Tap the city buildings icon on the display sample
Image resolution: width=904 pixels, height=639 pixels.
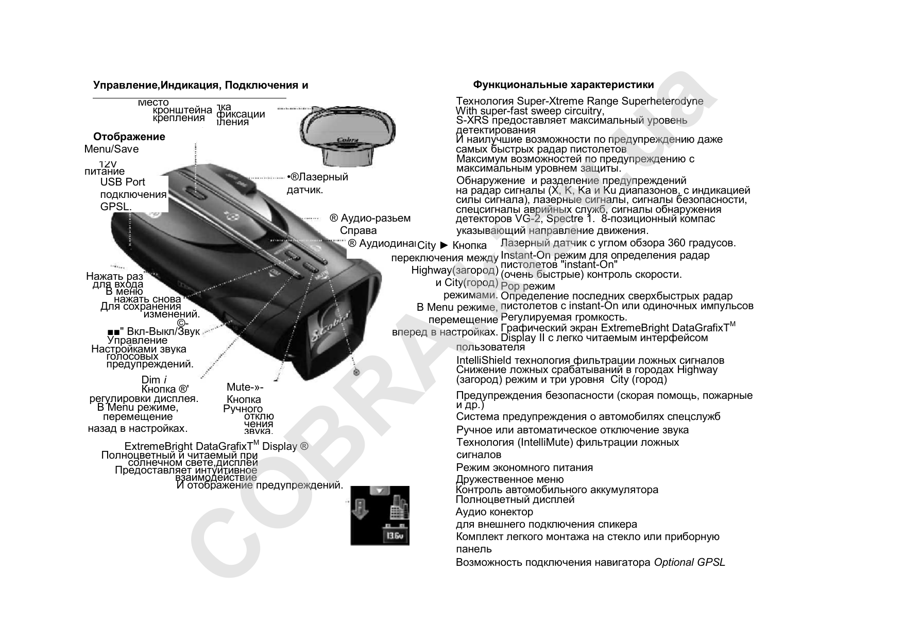(398, 507)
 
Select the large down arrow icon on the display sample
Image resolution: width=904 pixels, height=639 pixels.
(362, 509)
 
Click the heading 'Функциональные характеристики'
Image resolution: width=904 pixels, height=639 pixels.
(564, 85)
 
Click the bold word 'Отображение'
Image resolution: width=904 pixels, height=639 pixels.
(129, 137)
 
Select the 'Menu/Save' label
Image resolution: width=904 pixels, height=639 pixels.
(111, 149)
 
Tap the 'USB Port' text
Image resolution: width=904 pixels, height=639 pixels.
(123, 182)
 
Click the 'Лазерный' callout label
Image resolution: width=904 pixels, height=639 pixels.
(321, 177)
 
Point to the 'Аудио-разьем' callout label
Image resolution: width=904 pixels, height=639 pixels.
(376, 218)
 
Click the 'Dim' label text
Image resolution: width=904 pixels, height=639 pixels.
(151, 380)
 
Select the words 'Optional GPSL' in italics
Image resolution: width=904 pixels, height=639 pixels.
(689, 562)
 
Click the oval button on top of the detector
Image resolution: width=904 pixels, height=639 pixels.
(196, 194)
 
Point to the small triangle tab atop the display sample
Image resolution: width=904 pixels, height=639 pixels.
(380, 490)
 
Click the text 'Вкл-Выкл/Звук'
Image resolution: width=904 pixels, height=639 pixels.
(163, 331)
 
